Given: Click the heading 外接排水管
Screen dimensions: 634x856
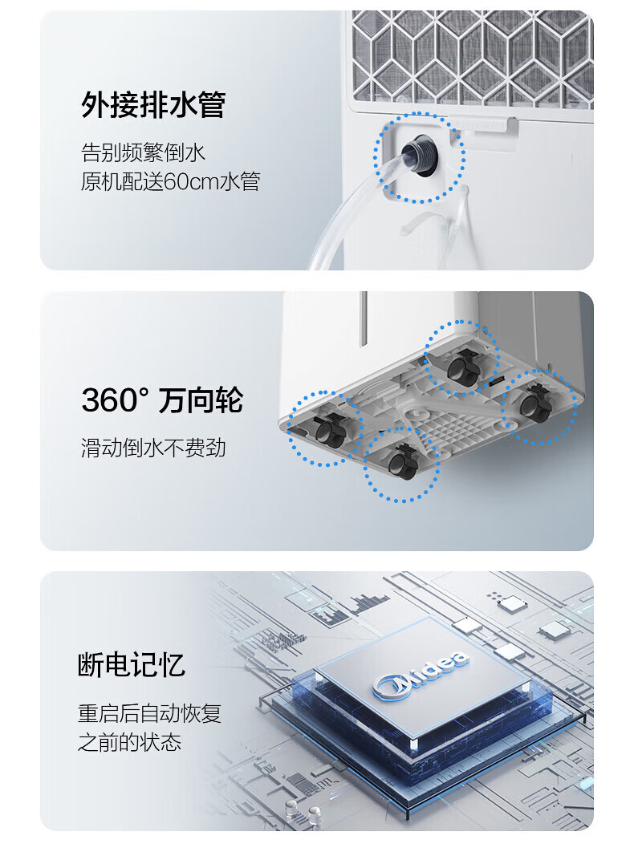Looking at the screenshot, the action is coord(153,104).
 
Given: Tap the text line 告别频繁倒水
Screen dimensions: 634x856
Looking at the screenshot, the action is coord(143,152).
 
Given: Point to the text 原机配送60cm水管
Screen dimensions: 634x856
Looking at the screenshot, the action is coord(170,181).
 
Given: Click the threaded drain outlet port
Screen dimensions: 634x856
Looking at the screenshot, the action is coord(420,154).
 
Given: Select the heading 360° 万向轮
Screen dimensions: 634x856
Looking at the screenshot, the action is coord(163,400).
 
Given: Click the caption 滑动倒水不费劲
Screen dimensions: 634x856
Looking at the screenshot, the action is coord(153,448).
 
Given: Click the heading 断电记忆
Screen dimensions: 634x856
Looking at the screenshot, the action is coord(132,664).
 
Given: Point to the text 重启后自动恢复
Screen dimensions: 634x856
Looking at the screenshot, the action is coord(149,713).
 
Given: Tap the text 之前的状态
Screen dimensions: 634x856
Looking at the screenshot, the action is coord(129,742).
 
